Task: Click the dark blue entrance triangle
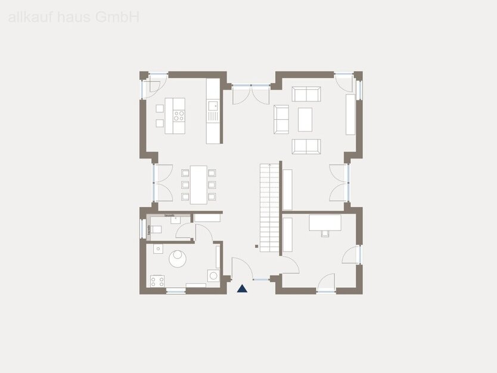click(x=242, y=289)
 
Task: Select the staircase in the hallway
click(x=269, y=207)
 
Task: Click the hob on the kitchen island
click(x=178, y=115)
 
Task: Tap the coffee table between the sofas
click(x=305, y=119)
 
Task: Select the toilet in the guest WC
click(x=155, y=229)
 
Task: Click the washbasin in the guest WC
click(x=176, y=219)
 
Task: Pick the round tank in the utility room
click(x=178, y=257)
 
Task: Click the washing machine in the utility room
click(x=213, y=275)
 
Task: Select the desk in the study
click(x=325, y=222)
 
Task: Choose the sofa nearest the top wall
click(x=306, y=94)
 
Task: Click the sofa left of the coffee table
click(x=281, y=119)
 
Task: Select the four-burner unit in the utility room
click(x=157, y=281)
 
